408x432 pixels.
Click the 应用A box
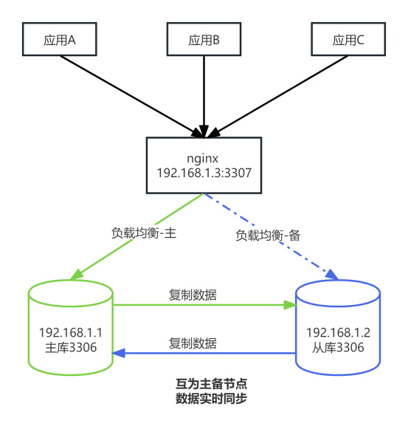[60, 40]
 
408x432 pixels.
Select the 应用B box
[204, 40]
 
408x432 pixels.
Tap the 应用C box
[348, 40]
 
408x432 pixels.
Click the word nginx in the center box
[204, 158]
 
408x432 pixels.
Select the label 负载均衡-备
[269, 235]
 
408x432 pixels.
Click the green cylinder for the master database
[70, 325]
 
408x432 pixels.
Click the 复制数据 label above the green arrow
[193, 294]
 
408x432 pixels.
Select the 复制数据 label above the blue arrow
[193, 343]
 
